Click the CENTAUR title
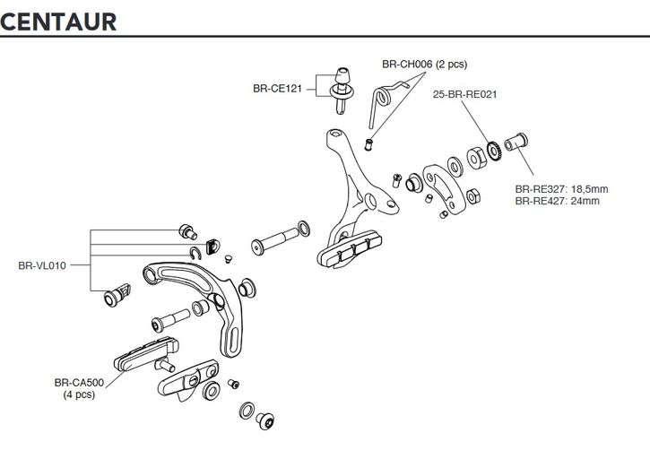pyautogui.click(x=58, y=21)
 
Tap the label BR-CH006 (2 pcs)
pyautogui.click(x=424, y=65)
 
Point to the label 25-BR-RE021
pyautogui.click(x=464, y=93)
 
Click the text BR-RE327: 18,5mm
pyautogui.click(x=560, y=189)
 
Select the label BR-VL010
pyautogui.click(x=43, y=265)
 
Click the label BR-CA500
pyautogui.click(x=80, y=382)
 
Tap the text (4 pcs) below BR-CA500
pyautogui.click(x=79, y=394)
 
